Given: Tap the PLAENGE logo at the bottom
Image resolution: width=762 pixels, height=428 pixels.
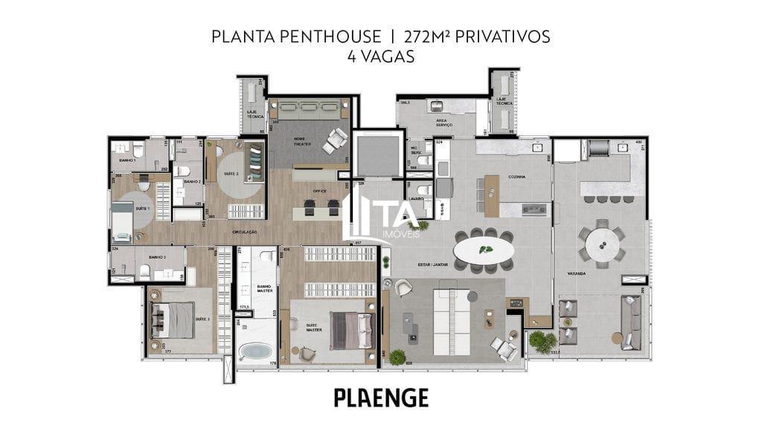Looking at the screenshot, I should pos(381,398).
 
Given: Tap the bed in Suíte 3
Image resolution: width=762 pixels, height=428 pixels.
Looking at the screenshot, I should pos(173,320).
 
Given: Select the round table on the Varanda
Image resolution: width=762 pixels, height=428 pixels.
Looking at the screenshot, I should pos(602,243).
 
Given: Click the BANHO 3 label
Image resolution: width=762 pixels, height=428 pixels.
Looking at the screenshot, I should pos(156,257).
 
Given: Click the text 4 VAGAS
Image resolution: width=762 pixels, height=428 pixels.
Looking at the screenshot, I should pos(381,56).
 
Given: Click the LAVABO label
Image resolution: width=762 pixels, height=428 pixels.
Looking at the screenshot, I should pos(415,199).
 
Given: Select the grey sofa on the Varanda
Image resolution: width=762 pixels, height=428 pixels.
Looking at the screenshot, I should pos(631,322).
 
